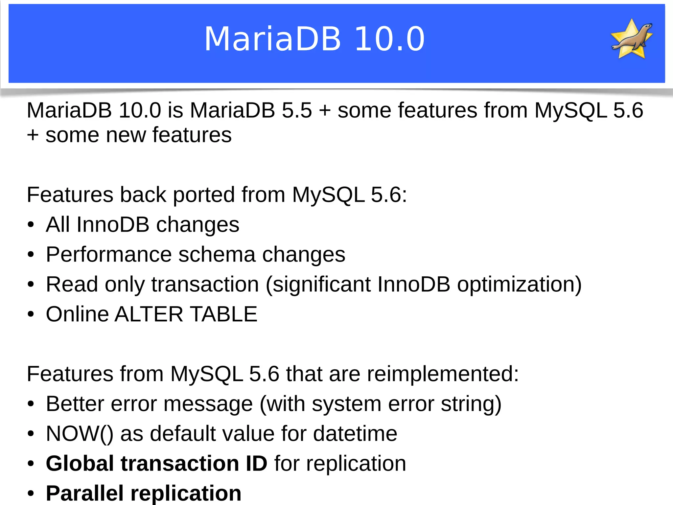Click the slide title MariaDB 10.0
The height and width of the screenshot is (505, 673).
[314, 39]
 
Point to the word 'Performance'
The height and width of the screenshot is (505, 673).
[109, 255]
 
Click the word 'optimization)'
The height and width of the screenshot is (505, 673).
[519, 285]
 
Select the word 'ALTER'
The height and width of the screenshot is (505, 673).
[149, 314]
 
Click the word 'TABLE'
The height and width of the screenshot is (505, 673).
[223, 314]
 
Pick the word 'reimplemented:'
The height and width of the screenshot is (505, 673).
[443, 374]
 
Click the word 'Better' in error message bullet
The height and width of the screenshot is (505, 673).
[75, 404]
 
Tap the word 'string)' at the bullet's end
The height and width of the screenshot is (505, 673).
[471, 404]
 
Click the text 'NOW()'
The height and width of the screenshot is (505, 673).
[80, 434]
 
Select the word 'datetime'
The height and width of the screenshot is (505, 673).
[355, 434]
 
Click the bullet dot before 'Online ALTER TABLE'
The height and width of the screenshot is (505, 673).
[31, 314]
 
